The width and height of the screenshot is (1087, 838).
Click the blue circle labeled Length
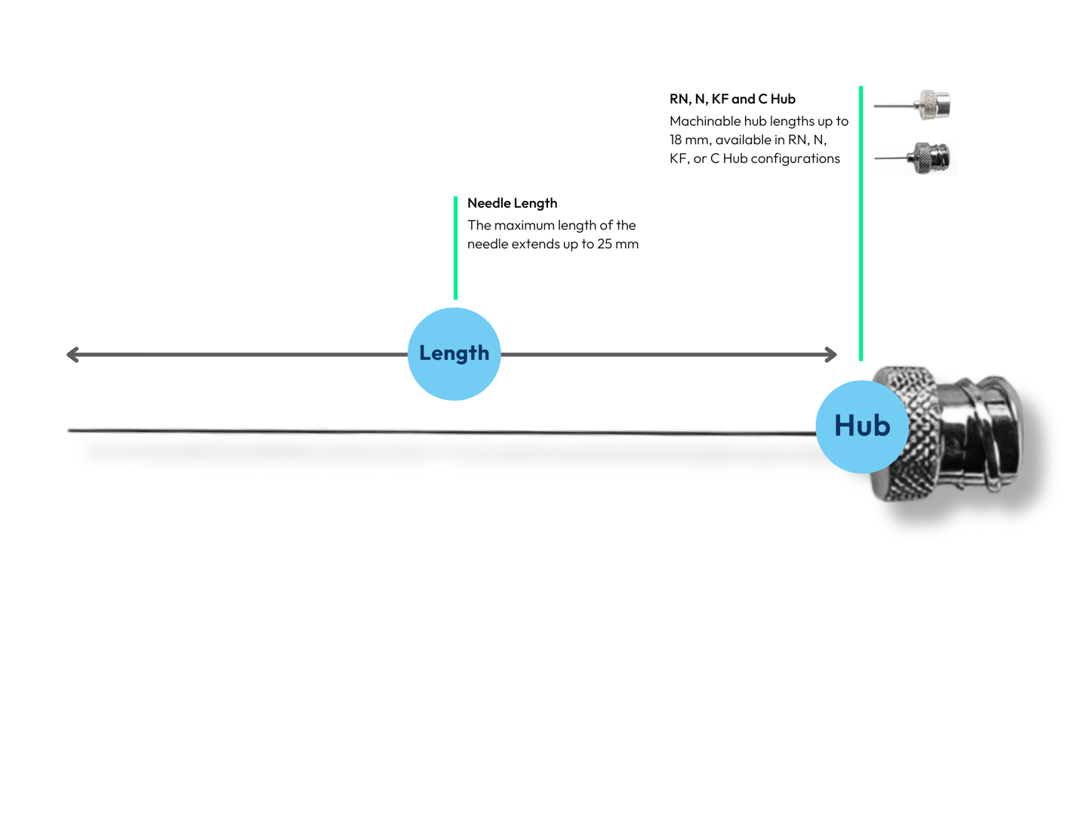pyautogui.click(x=454, y=354)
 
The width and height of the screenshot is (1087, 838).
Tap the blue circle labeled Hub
pyautogui.click(x=862, y=427)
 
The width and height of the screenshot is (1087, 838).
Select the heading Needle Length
pyautogui.click(x=512, y=203)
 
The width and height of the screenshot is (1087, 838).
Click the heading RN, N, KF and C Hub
pyautogui.click(x=731, y=99)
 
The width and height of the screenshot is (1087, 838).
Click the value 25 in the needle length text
pyautogui.click(x=605, y=244)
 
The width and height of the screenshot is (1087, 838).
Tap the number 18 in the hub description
pyautogui.click(x=676, y=140)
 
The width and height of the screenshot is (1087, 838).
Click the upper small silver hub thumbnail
pyautogui.click(x=912, y=105)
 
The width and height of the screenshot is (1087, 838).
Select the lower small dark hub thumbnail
pyautogui.click(x=913, y=158)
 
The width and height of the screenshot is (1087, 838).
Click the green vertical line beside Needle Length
pyautogui.click(x=455, y=248)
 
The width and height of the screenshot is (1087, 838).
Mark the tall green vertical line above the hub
pyautogui.click(x=861, y=223)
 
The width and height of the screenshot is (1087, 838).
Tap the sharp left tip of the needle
pyautogui.click(x=69, y=430)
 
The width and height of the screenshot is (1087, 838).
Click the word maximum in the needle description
pyautogui.click(x=524, y=226)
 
